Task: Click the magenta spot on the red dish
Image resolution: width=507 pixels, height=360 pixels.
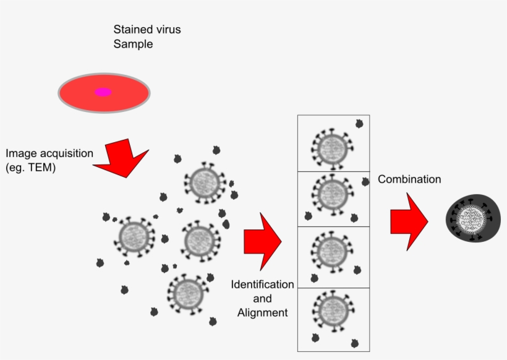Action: (103, 92)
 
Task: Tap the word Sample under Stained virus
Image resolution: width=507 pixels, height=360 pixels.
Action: (133, 44)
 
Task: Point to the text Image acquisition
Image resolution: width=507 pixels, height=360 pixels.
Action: (49, 153)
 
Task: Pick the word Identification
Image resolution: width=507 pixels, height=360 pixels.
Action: (262, 285)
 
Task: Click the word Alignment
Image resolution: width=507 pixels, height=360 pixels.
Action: (262, 313)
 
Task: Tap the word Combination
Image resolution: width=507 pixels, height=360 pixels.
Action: (409, 179)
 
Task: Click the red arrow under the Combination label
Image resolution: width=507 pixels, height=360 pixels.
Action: (409, 221)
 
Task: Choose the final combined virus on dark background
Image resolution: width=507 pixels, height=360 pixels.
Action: (473, 220)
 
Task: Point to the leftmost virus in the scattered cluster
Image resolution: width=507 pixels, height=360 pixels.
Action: (133, 236)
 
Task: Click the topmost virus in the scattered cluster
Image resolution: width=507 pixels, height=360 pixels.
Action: (205, 182)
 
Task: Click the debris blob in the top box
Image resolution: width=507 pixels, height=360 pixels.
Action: (359, 124)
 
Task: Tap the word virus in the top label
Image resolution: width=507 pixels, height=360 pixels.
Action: (167, 29)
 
